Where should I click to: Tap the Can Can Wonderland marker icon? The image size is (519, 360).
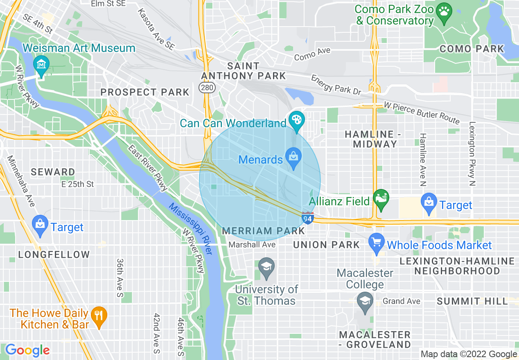294,120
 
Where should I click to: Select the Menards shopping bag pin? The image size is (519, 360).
293,157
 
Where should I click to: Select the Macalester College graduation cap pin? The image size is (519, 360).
364,301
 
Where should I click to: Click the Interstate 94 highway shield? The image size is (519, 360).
307,218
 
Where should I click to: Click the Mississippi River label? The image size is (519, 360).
190,229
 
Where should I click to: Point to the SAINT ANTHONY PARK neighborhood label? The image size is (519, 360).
243,71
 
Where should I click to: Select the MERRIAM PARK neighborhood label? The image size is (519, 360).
263,231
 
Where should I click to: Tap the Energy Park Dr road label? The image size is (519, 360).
336,85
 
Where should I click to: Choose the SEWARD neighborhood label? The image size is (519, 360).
53,172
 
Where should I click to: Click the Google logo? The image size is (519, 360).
27,350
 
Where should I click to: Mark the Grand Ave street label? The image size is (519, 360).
401,301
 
